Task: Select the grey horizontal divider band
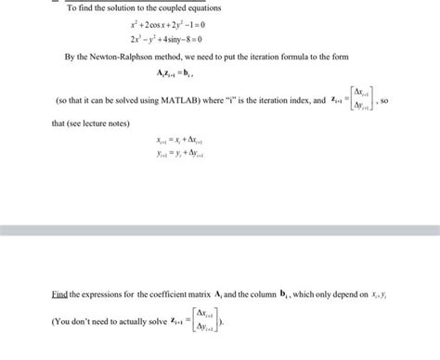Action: (220, 229)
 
